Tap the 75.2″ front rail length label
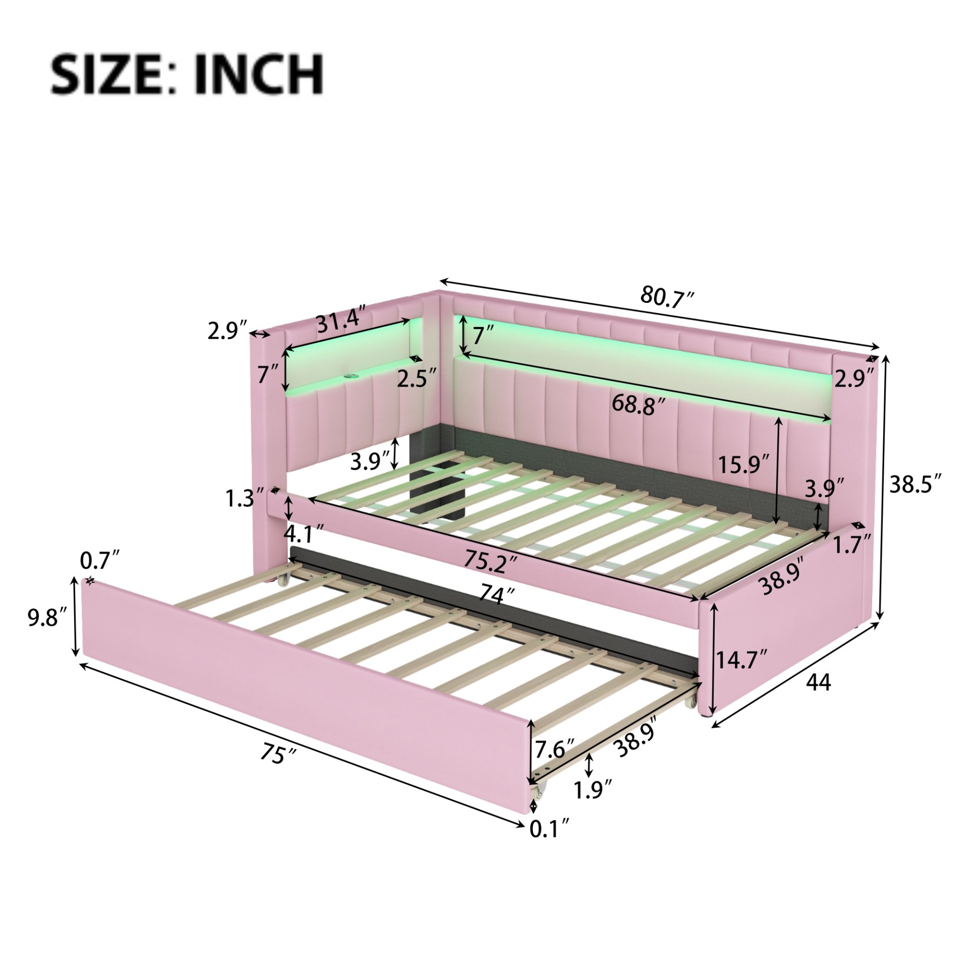(492, 561)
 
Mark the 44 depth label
(818, 682)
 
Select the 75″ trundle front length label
(277, 768)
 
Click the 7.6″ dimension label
(554, 749)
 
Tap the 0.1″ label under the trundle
(549, 829)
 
